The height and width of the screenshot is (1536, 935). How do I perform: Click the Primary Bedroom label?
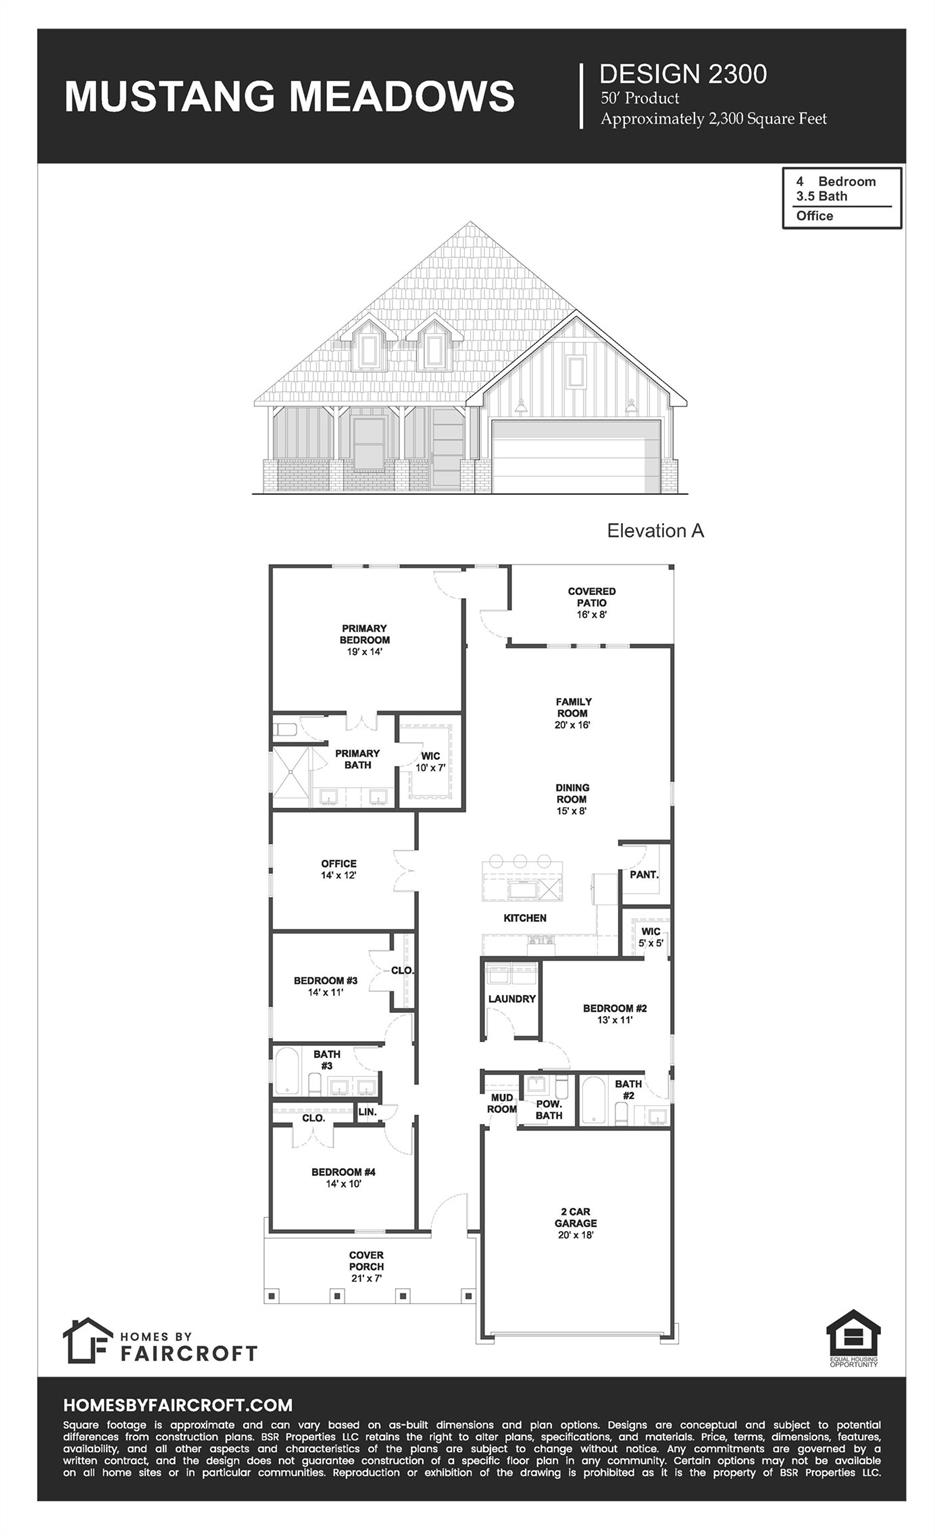(364, 640)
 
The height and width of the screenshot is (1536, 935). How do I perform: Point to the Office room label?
(338, 869)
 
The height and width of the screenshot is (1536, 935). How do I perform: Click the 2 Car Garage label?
(576, 1223)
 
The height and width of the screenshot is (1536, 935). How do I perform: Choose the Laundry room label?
(511, 999)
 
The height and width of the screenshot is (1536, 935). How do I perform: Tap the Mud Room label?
(501, 1104)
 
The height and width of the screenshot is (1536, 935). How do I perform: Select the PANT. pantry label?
(644, 875)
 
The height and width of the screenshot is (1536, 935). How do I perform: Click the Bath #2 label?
(628, 1090)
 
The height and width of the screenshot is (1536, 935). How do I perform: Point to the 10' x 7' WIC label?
(430, 762)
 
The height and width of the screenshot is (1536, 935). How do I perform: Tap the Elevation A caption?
(655, 531)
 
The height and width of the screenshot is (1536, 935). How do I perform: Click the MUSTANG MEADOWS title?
(289, 97)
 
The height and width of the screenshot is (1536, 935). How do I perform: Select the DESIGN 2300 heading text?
(683, 74)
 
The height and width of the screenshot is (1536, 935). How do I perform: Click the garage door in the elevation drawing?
(576, 457)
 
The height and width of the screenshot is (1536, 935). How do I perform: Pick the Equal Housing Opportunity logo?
(853, 1338)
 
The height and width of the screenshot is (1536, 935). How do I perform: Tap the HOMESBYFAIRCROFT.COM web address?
(178, 1405)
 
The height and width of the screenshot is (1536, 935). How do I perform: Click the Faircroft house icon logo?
(87, 1340)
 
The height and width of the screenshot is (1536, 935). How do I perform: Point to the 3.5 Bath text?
(821, 196)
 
